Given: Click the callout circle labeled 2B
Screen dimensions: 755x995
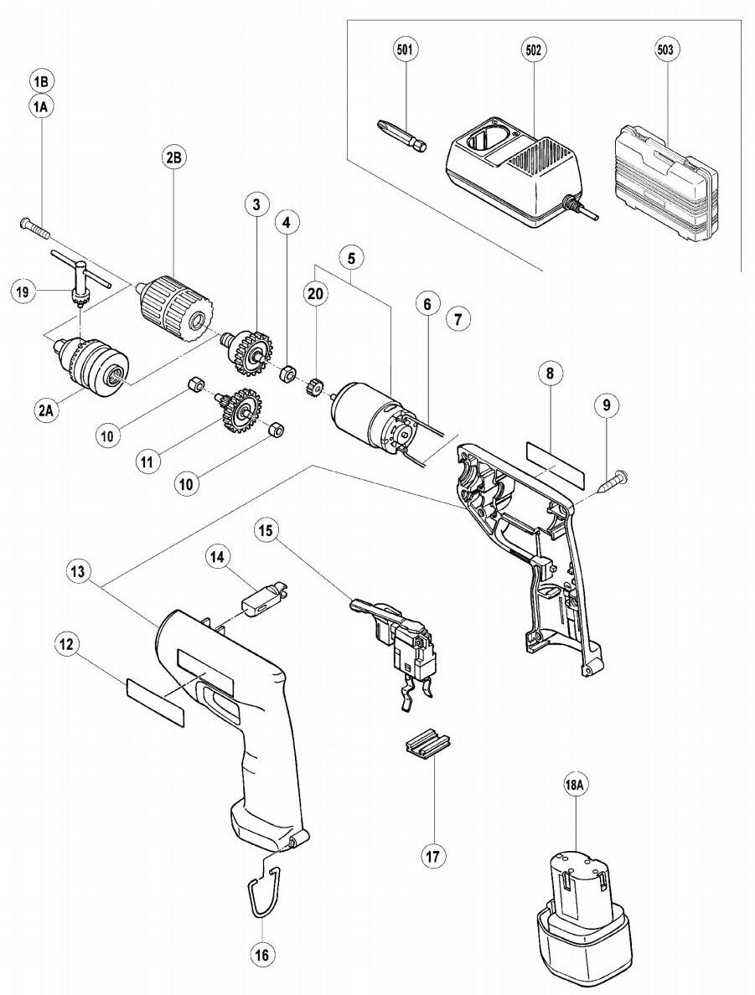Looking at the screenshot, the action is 173,157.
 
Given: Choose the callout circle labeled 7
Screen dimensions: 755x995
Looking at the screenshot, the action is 458,319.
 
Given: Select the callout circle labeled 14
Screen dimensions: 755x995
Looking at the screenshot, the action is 218,556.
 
